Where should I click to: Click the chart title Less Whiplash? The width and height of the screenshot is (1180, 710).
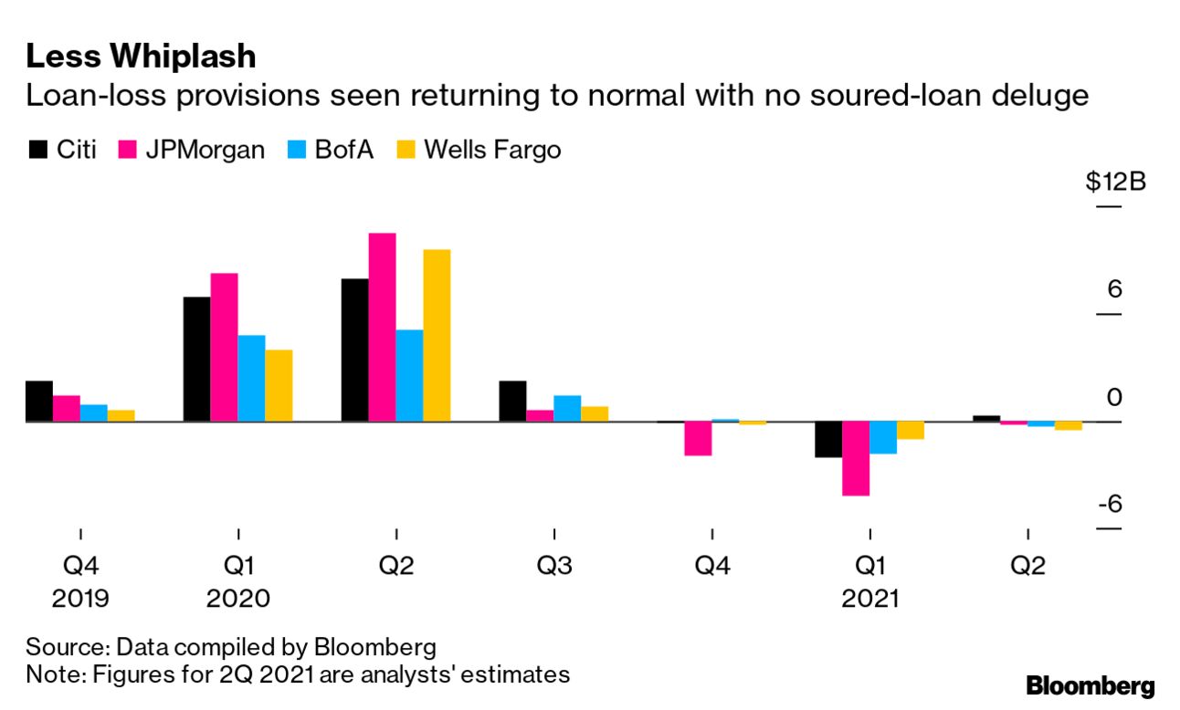point(141,57)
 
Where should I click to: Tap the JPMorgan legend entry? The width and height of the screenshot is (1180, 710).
point(192,150)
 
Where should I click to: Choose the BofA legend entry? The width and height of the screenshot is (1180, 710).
point(329,150)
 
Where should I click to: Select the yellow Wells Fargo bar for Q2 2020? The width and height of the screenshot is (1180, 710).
point(437,335)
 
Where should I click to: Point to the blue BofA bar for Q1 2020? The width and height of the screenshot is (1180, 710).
point(251,378)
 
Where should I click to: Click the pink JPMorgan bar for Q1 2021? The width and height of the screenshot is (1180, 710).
point(856,458)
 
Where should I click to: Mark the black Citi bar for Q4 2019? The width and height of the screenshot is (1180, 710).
point(39,401)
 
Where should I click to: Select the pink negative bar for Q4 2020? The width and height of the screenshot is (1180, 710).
point(698,438)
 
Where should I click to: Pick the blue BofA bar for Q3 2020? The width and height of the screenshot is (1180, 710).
point(567,408)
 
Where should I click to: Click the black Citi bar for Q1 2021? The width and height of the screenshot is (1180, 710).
point(828,439)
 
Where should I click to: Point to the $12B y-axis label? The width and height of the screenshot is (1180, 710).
point(1115,182)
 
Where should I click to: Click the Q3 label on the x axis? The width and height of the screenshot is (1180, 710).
point(554,566)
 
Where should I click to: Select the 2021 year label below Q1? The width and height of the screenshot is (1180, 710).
point(869,599)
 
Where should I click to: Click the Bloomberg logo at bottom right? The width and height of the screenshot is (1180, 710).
point(1090,686)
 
